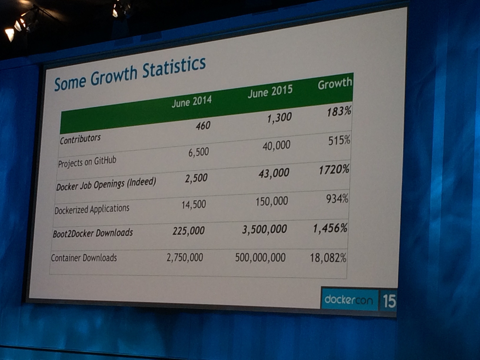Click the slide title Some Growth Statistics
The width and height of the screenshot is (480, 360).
point(130,74)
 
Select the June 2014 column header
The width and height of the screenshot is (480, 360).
point(192,102)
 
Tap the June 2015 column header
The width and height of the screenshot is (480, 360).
point(270,91)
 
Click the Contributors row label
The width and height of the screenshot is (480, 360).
point(80,139)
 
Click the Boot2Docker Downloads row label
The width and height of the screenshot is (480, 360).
point(93,233)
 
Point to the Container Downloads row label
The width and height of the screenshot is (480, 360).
point(84,258)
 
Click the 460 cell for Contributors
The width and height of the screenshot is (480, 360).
point(203,126)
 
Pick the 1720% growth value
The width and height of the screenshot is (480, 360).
point(334,170)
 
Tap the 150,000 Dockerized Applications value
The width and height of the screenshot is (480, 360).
point(272,202)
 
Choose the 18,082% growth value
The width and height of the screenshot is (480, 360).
point(328,258)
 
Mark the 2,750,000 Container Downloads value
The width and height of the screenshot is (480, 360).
point(185,257)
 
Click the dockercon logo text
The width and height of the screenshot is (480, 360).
point(349,300)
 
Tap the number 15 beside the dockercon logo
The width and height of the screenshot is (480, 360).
point(389,301)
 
